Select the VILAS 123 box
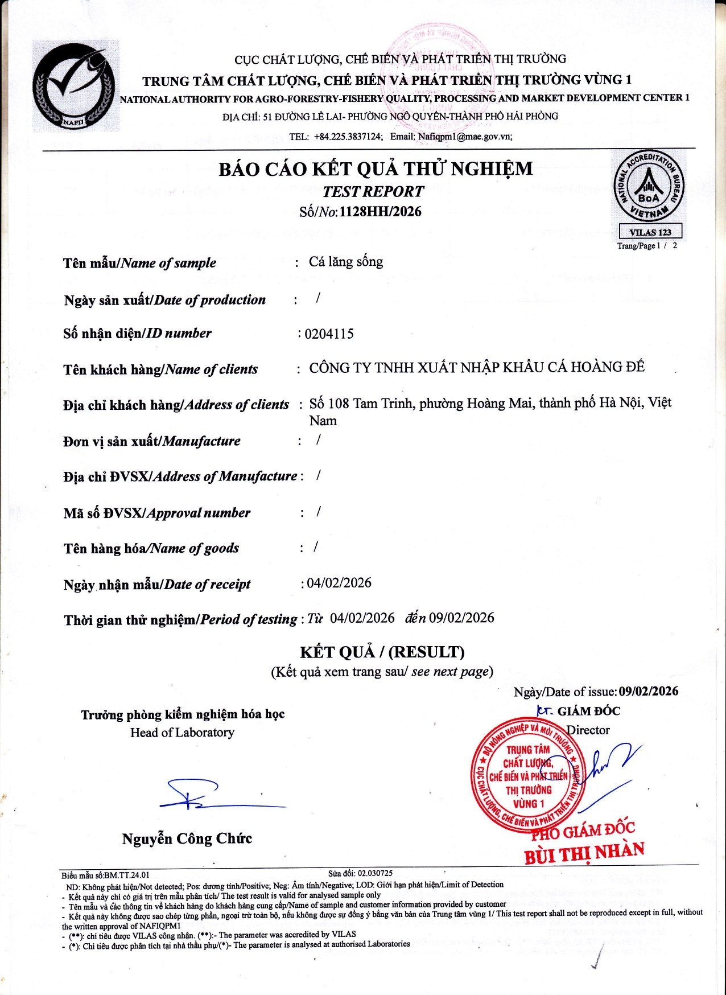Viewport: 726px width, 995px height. coord(650,232)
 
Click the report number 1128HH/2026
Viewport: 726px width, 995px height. coord(381,212)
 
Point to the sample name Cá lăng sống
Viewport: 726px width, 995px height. coord(346,262)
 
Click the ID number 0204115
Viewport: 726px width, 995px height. coord(329,334)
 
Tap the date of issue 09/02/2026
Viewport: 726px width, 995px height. coord(649,691)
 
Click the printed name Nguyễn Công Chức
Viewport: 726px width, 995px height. coord(187,838)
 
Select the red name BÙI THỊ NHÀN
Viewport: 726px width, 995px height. coord(584,853)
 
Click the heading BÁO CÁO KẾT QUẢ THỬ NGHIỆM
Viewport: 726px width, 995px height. coord(376,169)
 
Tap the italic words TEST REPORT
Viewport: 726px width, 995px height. coord(373,192)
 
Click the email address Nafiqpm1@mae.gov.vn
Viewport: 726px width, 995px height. coord(465,137)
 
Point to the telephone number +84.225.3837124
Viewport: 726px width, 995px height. coord(348,137)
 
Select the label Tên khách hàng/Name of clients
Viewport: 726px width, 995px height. coord(160,369)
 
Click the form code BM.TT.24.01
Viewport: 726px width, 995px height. coord(126,875)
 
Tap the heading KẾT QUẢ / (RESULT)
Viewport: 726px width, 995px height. coord(382,652)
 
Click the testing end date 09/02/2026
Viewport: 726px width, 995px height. coord(461,618)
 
